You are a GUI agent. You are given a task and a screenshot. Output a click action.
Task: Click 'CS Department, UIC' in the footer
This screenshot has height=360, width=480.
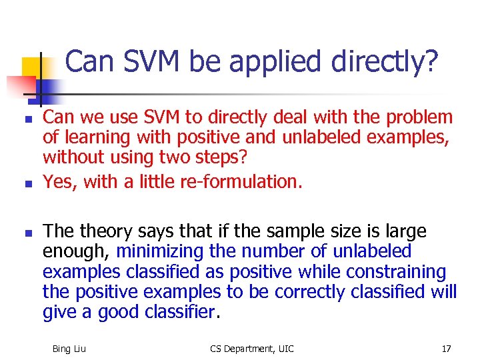tap(251, 349)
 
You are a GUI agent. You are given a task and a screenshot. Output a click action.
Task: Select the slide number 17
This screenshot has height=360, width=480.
tap(446, 349)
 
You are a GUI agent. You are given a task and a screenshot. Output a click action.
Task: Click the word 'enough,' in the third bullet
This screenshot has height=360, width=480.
tap(78, 251)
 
